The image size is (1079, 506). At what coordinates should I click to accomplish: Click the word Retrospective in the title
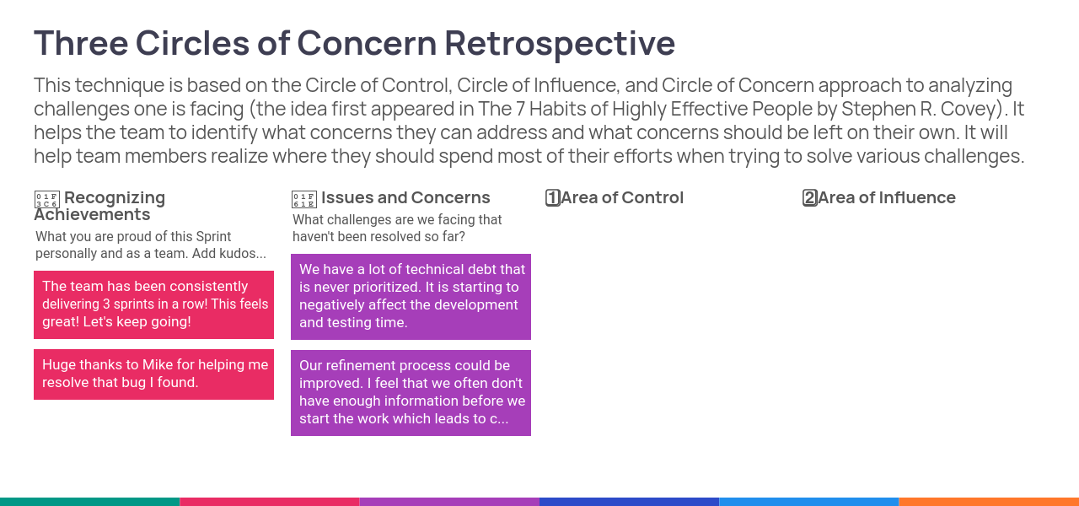[560, 44]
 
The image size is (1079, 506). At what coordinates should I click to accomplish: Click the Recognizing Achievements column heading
[99, 206]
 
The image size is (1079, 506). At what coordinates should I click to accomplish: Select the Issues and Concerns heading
[405, 197]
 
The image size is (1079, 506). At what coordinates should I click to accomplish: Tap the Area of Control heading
[622, 197]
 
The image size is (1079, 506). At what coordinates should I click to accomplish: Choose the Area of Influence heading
[886, 197]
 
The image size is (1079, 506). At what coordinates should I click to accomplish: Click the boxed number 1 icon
[552, 197]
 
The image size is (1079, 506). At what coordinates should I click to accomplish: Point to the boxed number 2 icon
[810, 197]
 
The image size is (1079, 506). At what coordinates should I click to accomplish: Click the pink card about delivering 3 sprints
[153, 304]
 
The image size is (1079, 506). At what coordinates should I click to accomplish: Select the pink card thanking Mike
[153, 374]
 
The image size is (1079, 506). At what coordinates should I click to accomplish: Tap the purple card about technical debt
[411, 297]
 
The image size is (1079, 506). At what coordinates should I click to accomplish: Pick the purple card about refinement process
[411, 393]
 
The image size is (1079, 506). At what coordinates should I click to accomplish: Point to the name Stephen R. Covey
[921, 109]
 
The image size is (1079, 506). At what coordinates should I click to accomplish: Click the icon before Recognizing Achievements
[46, 200]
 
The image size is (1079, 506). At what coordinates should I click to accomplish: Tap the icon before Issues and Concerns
[304, 200]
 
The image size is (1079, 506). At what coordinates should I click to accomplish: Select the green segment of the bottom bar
[89, 502]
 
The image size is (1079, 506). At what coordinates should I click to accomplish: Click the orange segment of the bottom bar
[989, 502]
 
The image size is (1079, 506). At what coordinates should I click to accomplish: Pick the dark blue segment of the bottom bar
[629, 502]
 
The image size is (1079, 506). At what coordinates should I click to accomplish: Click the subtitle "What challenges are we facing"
[397, 228]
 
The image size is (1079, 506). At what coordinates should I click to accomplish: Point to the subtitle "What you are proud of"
[151, 245]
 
